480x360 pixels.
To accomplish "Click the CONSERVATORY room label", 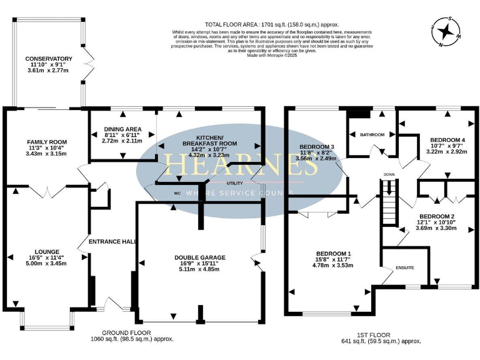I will pos(50,59).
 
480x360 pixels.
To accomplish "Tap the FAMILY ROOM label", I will pos(47,142).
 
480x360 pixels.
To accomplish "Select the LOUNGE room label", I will pos(47,251).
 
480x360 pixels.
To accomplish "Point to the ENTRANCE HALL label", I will pos(112,241).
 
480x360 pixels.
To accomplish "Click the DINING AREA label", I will pos(122,129).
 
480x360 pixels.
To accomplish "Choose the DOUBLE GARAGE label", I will pos(200,257).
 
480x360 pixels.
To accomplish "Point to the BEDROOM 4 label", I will pos(446,139).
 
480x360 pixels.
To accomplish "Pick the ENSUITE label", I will pos(404,267).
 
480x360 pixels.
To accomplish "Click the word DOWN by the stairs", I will pos(389,174).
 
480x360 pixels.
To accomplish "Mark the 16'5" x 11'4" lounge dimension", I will pos(47,257).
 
